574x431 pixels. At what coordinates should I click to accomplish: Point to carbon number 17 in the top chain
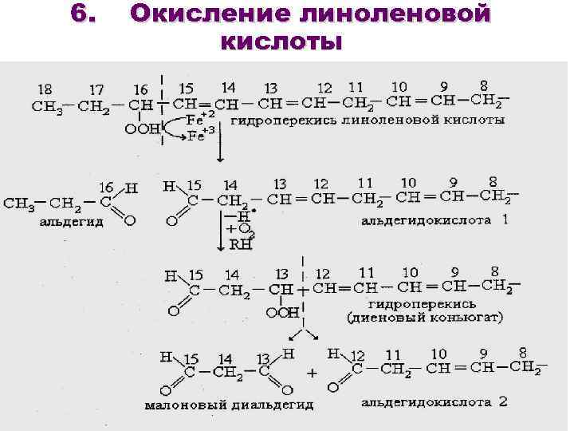(x=95, y=89)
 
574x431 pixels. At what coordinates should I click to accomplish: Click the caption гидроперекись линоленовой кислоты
(x=368, y=121)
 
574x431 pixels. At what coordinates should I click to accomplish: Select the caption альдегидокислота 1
(x=434, y=219)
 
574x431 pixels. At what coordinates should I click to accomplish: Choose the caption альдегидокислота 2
(x=434, y=401)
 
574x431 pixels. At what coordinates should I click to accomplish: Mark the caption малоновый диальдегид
(x=229, y=405)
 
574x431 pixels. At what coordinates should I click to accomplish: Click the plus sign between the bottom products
(x=312, y=372)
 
